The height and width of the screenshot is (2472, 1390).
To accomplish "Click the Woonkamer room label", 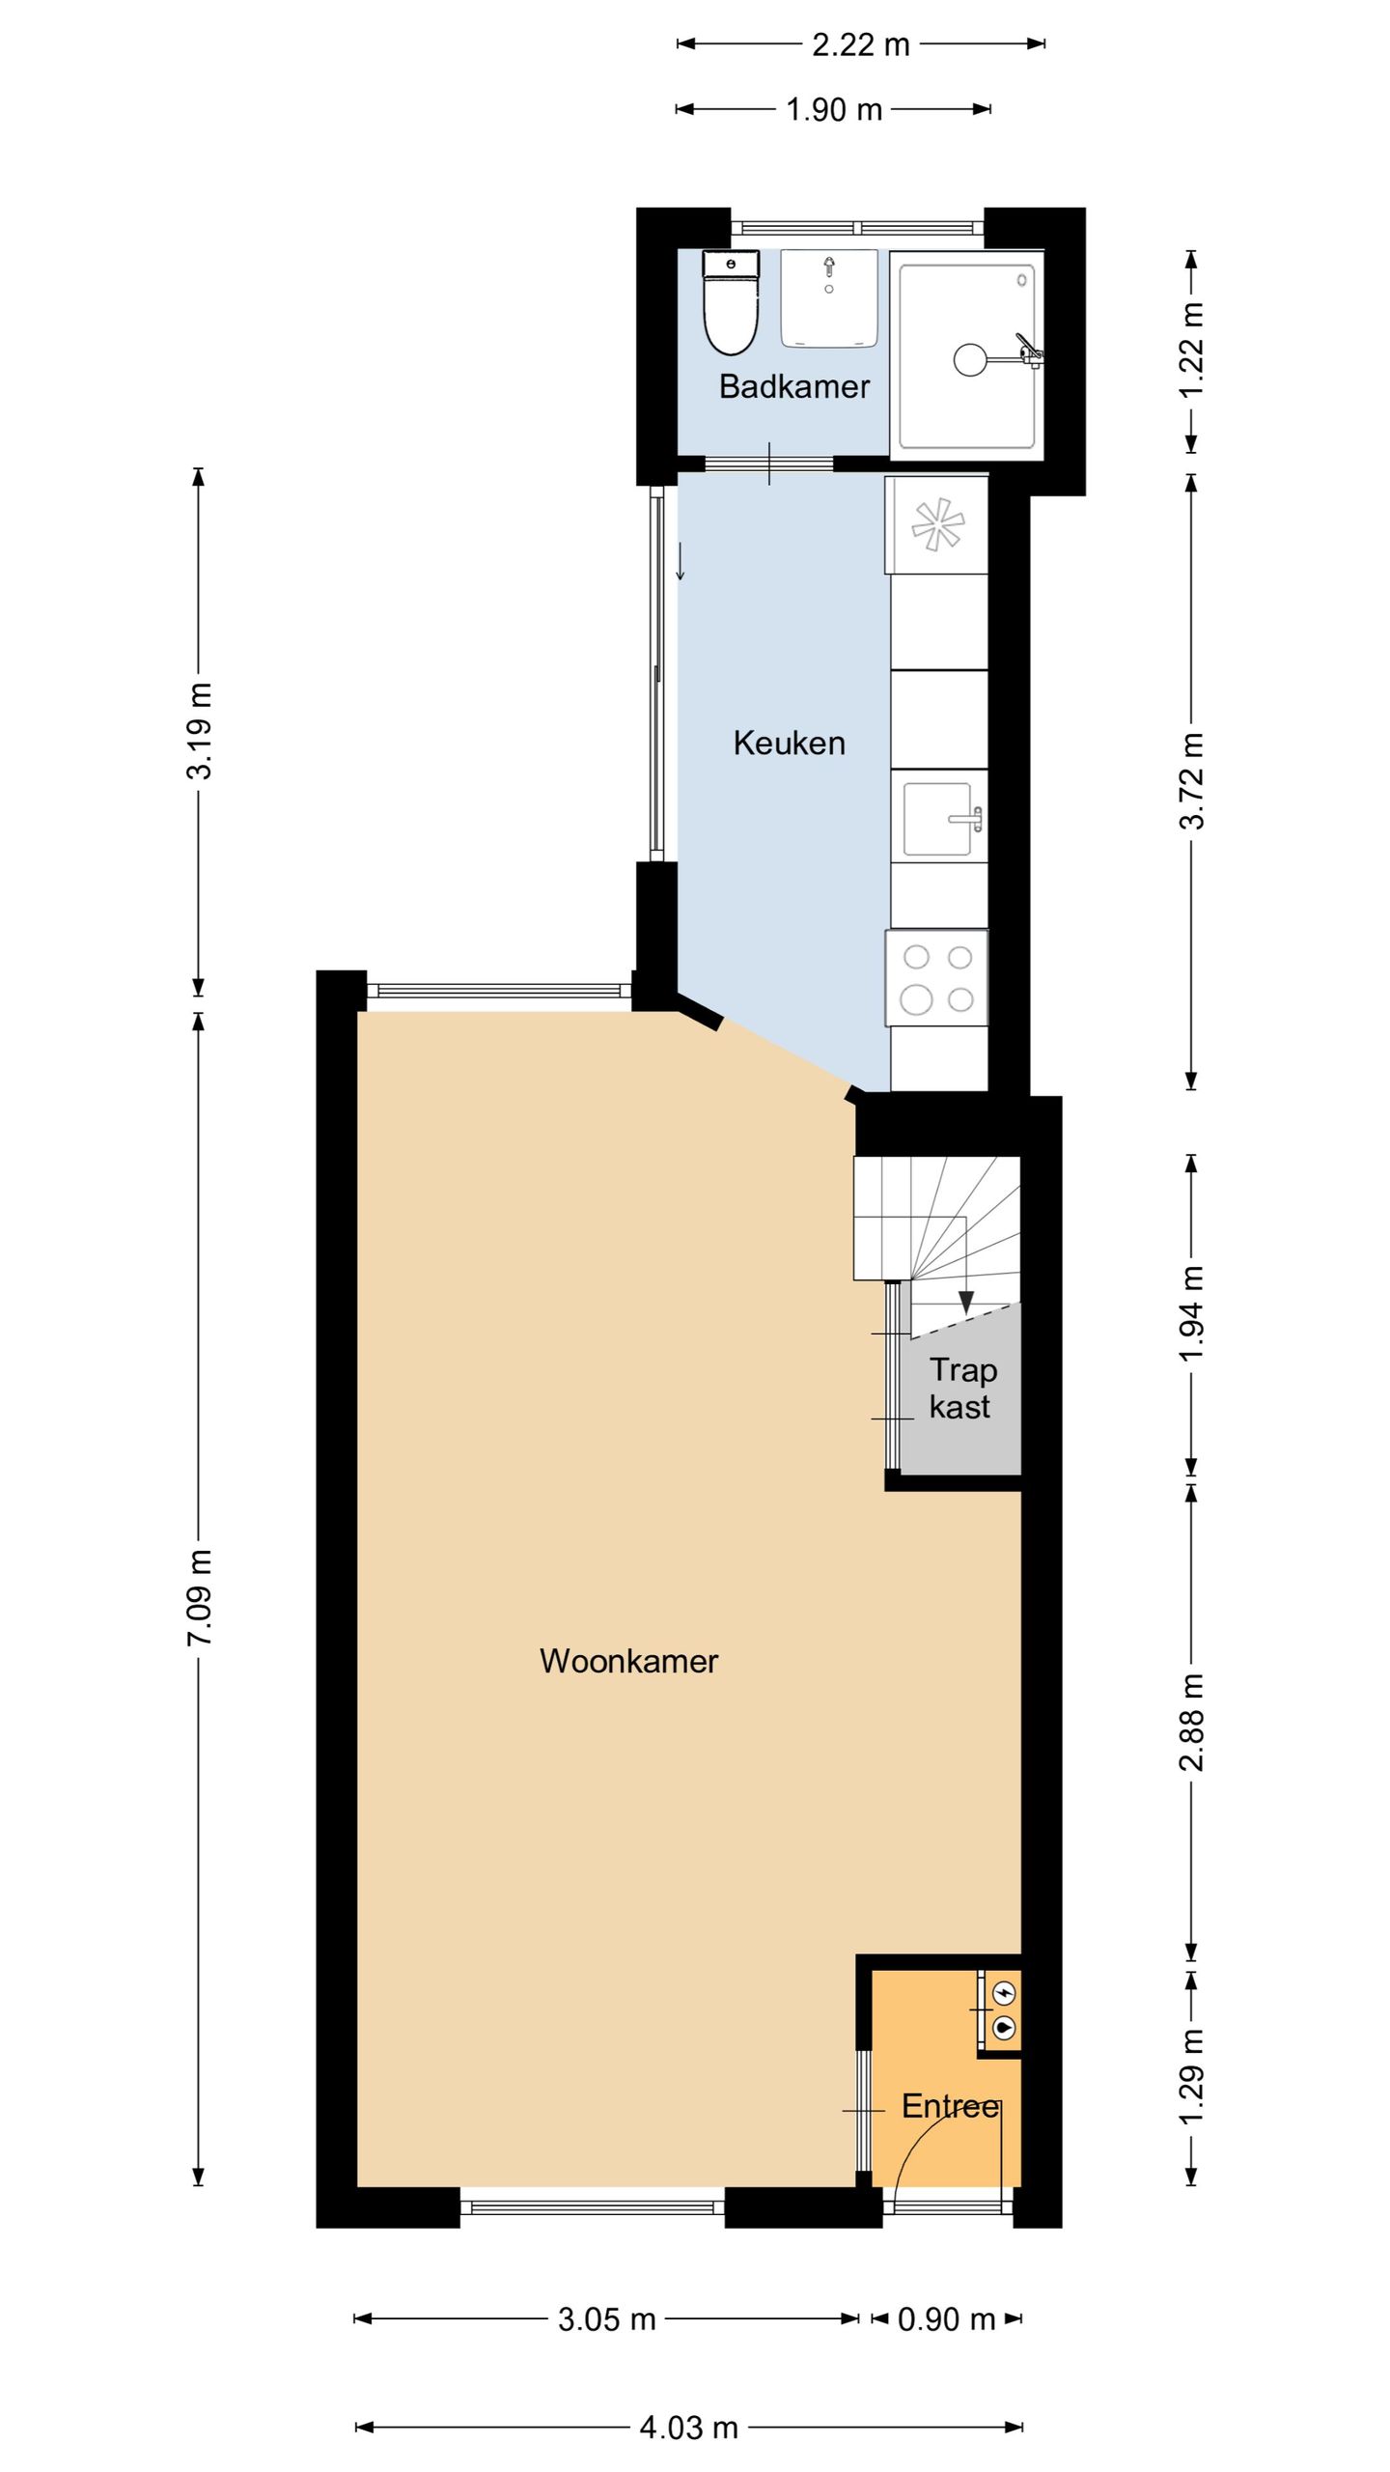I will pos(628,1661).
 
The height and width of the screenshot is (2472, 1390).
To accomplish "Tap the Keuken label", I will pos(789,743).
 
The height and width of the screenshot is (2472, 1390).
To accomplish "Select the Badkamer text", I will pos(793,386).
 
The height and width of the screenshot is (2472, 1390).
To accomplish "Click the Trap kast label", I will pos(960,1389).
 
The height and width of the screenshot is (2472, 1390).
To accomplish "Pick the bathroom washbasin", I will pos(828,297).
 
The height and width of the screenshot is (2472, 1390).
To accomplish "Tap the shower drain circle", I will pos(971,359).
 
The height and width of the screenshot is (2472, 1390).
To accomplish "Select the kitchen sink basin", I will pos(936,819).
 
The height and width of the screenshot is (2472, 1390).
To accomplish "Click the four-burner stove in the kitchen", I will pos(937,978).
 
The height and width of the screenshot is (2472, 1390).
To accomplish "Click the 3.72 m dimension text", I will pos(1192,781).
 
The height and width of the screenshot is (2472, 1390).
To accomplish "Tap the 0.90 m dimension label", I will pos(946,2318).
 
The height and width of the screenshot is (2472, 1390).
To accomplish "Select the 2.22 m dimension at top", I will pos(860,44).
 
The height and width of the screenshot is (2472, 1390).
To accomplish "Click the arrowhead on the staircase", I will pos(965,1303).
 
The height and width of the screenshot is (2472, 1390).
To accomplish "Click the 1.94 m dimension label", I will pos(1192,1313).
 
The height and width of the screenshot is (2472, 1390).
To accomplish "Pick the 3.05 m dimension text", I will pos(606,2318).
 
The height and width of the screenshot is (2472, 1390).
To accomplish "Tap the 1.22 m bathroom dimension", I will pos(1192,349).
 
